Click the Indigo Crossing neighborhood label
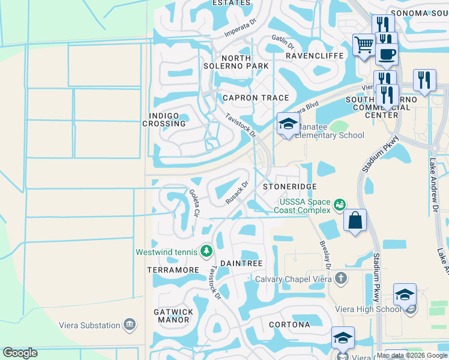pos(164,119)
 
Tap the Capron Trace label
pos(256,98)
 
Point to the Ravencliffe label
pos(314,56)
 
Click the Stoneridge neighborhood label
pos(290,187)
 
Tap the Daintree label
pos(241,263)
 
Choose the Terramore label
pos(173,270)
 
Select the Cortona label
pos(289,325)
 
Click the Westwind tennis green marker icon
pos(206,250)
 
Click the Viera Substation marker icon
pos(129,325)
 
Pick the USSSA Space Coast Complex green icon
pos(340,205)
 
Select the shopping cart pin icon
pos(364,44)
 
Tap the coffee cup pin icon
pos(387,54)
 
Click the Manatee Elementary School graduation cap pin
pos(288,124)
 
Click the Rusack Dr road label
pos(237,193)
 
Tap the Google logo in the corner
pos(20,353)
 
